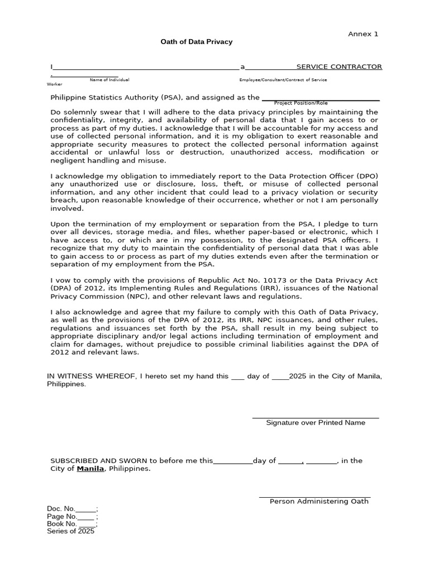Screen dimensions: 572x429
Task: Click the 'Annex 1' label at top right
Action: [363, 34]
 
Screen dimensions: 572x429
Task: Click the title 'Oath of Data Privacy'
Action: [197, 42]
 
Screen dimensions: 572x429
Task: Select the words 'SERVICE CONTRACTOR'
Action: [339, 66]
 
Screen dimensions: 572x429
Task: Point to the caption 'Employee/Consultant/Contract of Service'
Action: [283, 80]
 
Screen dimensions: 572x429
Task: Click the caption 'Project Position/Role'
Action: [301, 103]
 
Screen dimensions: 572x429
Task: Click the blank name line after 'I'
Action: [145, 68]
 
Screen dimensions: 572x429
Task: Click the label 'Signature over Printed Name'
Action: [316, 423]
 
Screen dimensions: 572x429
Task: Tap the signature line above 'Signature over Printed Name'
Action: [316, 417]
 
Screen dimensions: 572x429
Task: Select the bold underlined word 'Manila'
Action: [90, 469]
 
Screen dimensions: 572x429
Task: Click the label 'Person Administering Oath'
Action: [319, 501]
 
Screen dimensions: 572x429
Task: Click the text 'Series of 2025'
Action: [71, 531]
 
